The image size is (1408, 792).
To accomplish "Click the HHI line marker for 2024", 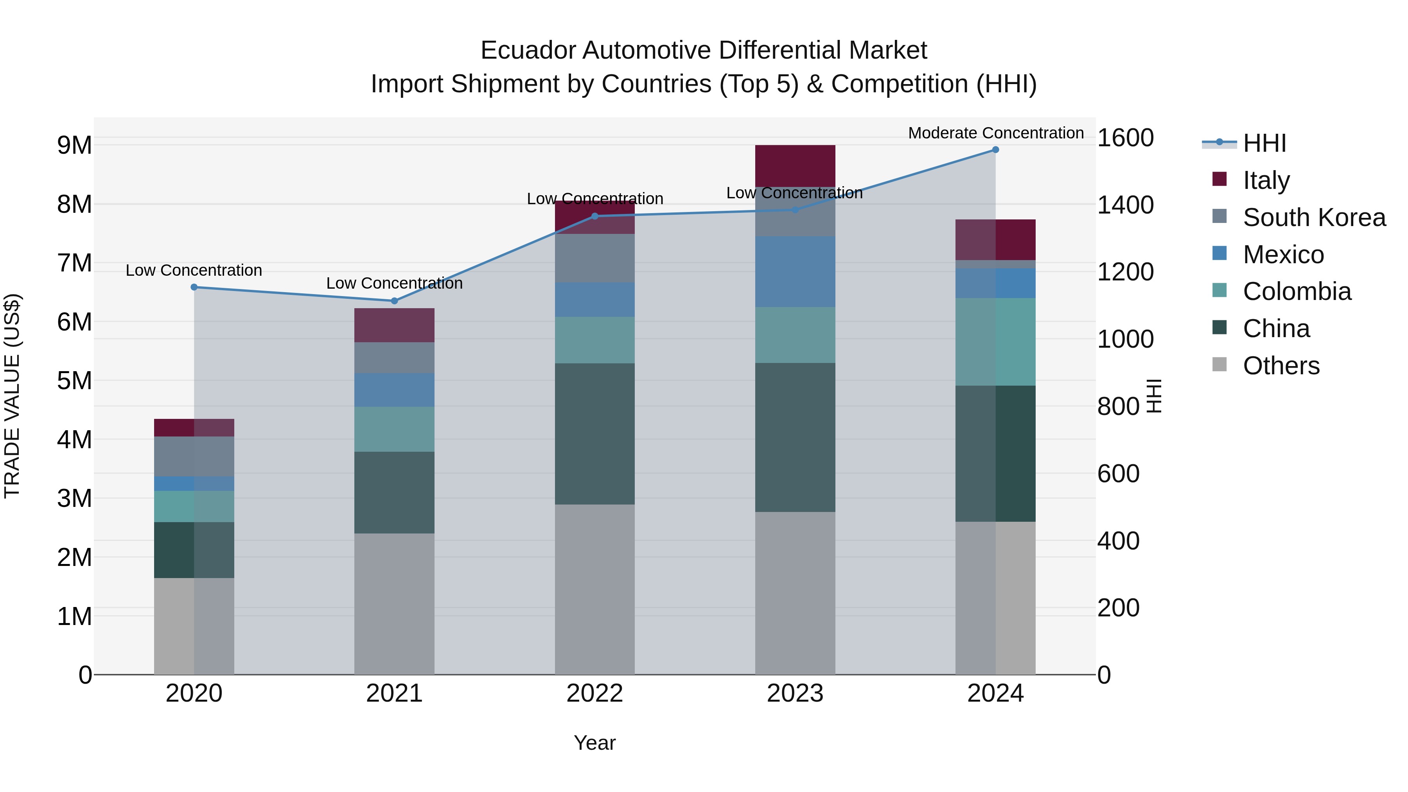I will point(995,150).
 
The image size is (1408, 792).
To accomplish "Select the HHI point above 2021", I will point(394,301).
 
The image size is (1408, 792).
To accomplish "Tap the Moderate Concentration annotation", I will point(995,133).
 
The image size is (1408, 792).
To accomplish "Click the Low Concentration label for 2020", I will point(194,271).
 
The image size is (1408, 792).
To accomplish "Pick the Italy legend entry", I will point(1266,180).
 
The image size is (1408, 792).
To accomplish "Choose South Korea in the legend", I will point(1314,217).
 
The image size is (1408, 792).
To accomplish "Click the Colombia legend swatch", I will point(1219,290).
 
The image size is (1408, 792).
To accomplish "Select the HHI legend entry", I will point(1264,143).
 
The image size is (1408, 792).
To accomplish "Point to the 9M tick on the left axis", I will point(74,145).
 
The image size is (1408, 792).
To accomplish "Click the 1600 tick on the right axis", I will point(1125,138).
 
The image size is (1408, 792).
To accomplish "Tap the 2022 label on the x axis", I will point(594,693).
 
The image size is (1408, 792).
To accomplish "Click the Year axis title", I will point(594,743).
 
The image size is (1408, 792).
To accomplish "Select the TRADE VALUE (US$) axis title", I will point(13,396).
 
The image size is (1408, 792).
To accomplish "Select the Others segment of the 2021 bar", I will point(394,603).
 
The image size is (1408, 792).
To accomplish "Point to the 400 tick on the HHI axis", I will point(1118,541).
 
